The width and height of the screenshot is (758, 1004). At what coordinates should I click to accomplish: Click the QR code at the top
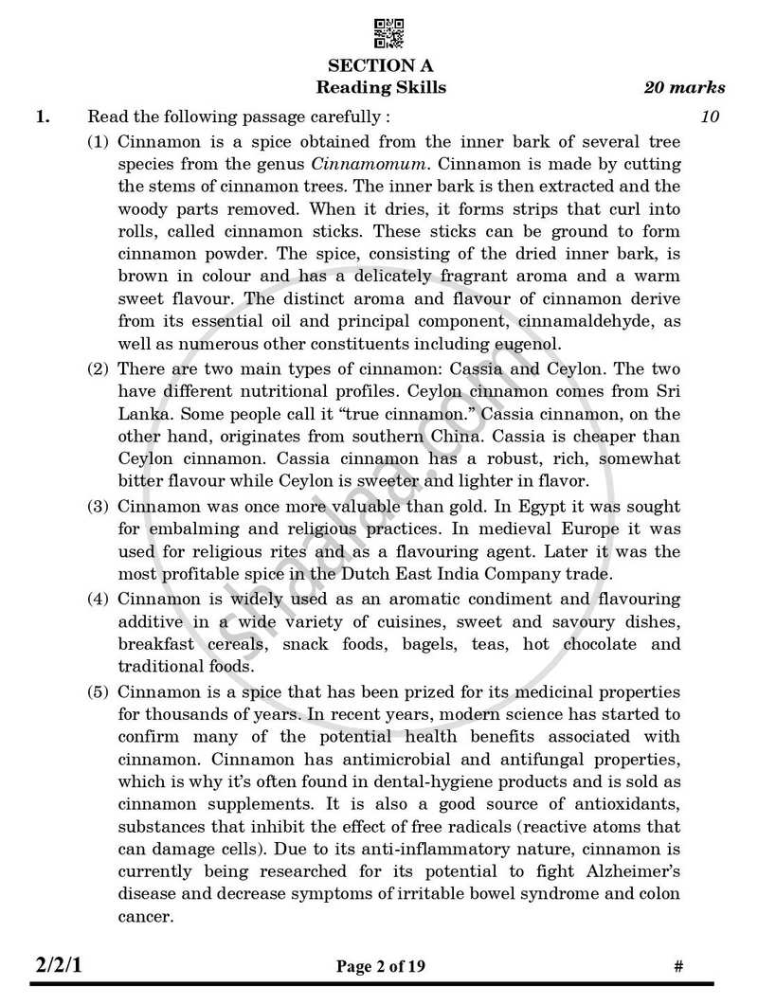[389, 33]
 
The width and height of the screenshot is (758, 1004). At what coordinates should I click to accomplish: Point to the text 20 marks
[684, 88]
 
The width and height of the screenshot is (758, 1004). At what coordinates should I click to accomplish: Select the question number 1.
[41, 118]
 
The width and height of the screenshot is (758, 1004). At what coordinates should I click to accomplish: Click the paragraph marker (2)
[99, 368]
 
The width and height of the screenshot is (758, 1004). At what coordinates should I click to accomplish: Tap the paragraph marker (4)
[99, 600]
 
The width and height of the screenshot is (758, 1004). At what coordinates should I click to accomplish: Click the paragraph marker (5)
[99, 690]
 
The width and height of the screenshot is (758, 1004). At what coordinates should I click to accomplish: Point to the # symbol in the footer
[677, 967]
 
